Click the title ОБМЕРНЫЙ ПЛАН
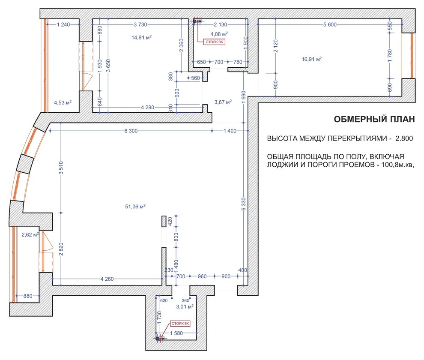tap(374, 119)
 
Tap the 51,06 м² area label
tap(135, 207)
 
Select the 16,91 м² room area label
tap(312, 59)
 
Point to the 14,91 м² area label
tap(141, 37)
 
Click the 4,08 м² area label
tap(219, 34)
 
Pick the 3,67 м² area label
tap(223, 102)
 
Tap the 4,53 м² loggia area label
tap(63, 102)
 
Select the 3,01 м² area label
tap(185, 307)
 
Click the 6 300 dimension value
tap(131, 131)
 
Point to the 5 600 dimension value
tap(330, 24)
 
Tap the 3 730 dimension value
tap(140, 24)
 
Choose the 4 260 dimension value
tap(107, 279)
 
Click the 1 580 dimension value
tap(176, 333)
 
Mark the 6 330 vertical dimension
tap(244, 204)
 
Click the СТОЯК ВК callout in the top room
tap(215, 42)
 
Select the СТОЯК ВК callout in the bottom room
tap(180, 324)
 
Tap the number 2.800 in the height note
tap(404, 138)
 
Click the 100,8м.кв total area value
tap(397, 165)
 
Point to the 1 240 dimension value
tap(63, 24)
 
